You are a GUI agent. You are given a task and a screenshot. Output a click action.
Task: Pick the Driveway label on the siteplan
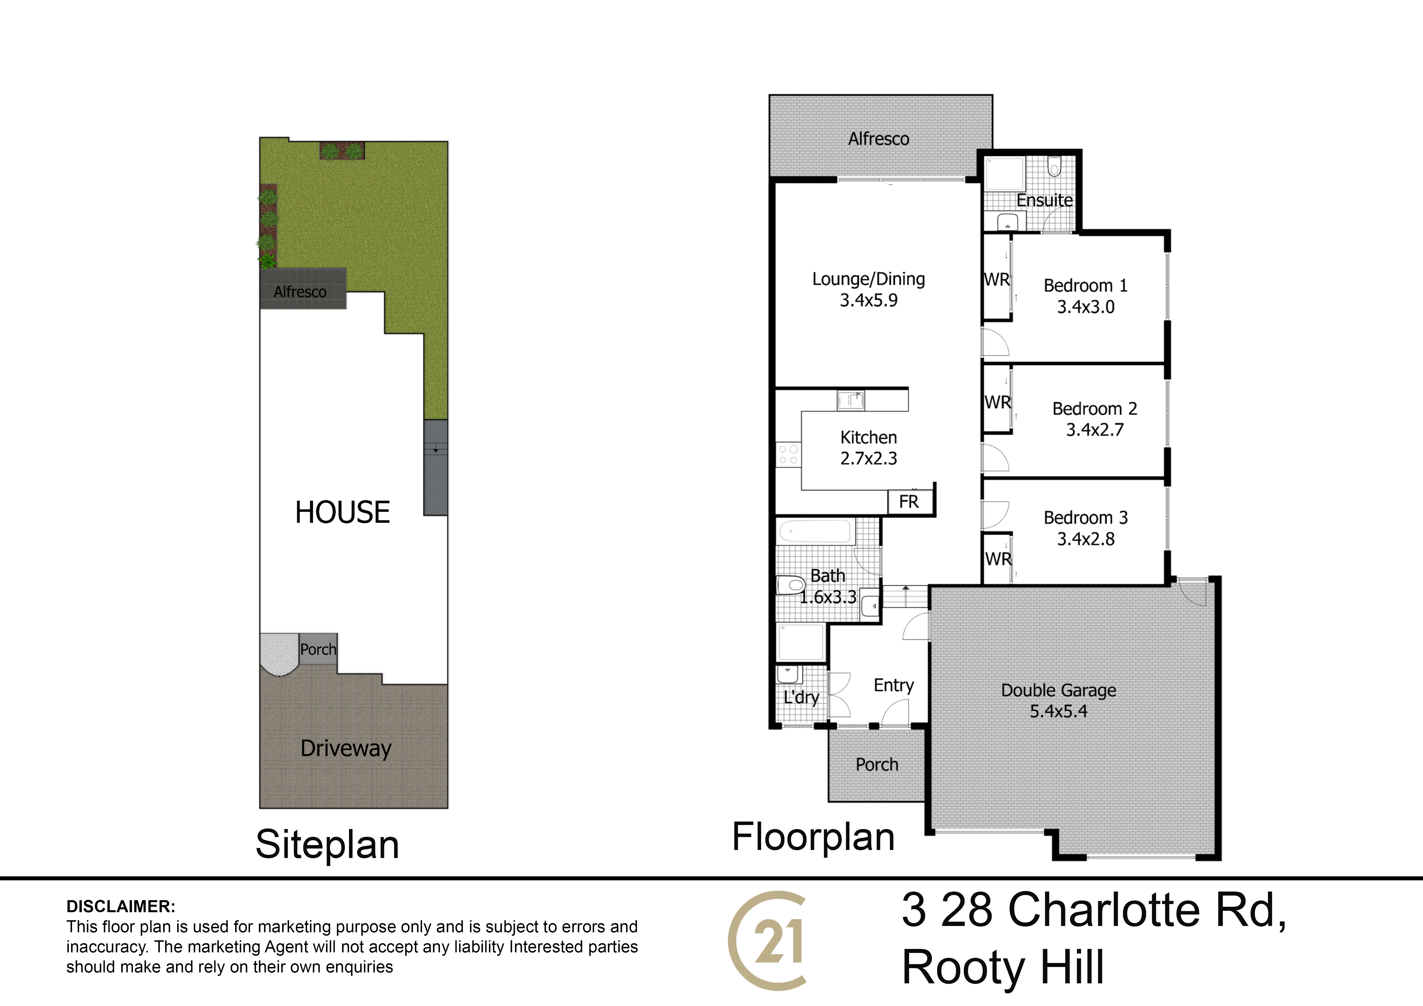click(346, 748)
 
